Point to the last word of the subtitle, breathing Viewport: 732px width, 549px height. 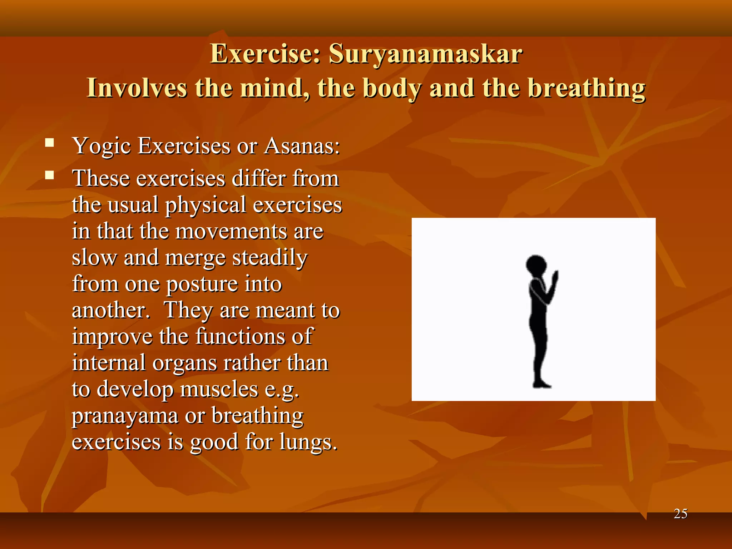587,89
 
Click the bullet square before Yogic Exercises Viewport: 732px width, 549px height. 49,143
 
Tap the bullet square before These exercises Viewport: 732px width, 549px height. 49,175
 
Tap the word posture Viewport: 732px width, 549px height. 202,285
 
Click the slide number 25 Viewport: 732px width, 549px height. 680,514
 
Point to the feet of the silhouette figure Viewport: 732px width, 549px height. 541,384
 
